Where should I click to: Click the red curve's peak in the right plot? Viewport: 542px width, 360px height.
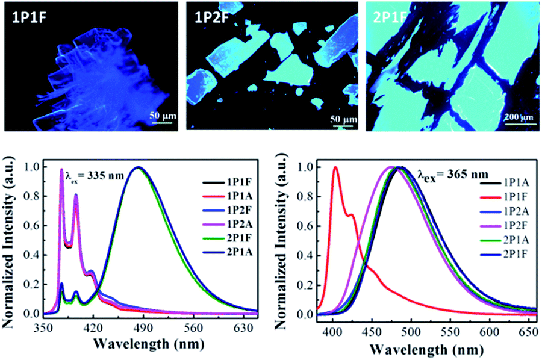click(335, 169)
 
